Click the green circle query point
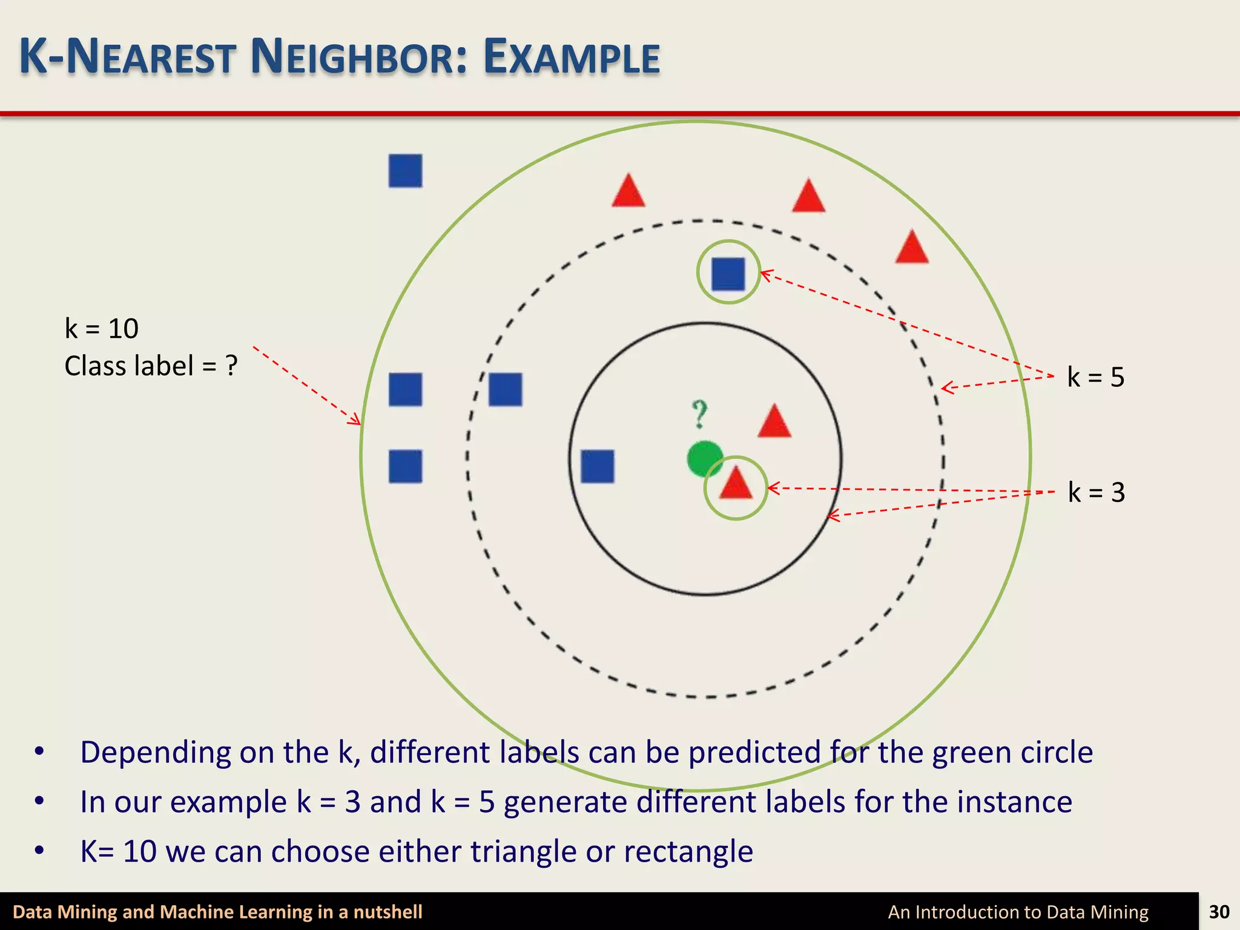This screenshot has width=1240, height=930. pos(704,458)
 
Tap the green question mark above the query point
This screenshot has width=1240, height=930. pos(699,415)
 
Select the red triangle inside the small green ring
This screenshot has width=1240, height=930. pos(736,484)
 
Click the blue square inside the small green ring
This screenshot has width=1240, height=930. pos(728,274)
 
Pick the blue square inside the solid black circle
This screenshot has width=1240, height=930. pos(597,466)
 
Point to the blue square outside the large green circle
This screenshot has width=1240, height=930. pos(405,171)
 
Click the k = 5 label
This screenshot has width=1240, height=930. pos(1095,377)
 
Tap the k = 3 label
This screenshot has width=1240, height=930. pos(1096,492)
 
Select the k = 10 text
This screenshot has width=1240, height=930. pos(102,329)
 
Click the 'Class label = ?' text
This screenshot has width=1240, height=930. pos(151,366)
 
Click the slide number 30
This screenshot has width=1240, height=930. pos(1219,911)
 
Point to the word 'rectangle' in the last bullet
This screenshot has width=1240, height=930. pos(688,851)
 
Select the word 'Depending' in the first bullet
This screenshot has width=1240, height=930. pos(155,753)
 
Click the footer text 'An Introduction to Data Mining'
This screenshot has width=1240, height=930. pos(1018,912)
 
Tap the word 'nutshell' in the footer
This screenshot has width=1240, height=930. pos(387,912)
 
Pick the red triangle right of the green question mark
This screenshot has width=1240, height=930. pos(774,422)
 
